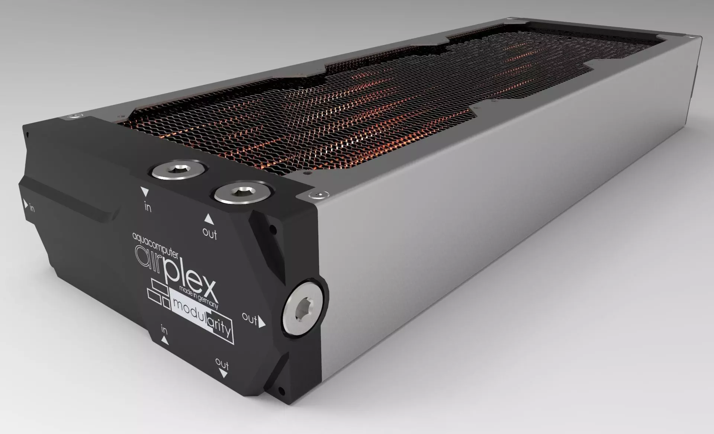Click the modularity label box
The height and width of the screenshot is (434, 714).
(201, 316)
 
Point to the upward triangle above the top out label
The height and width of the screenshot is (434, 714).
(209, 219)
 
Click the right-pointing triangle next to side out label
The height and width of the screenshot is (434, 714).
(262, 322)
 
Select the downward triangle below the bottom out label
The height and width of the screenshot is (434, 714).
(223, 374)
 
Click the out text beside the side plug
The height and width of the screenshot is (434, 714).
(250, 318)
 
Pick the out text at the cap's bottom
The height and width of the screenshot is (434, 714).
(222, 363)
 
